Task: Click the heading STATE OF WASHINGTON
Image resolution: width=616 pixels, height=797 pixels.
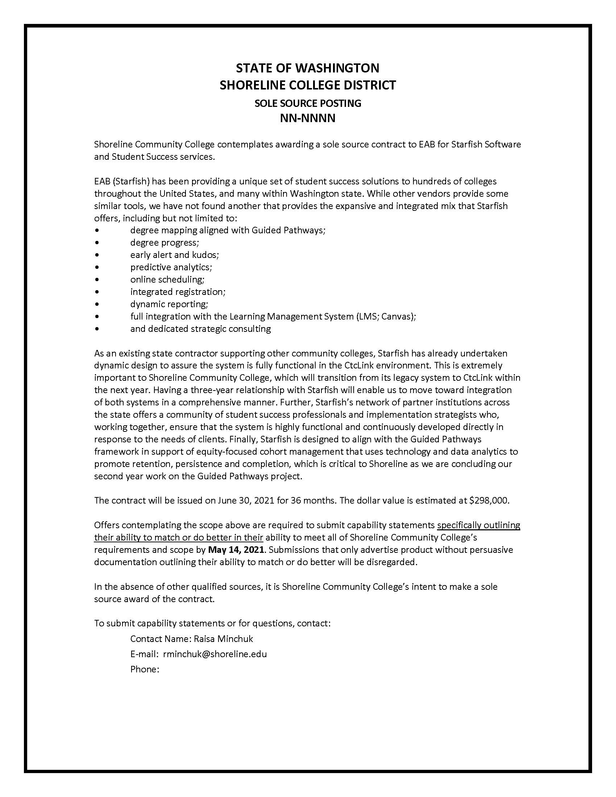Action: pos(308,68)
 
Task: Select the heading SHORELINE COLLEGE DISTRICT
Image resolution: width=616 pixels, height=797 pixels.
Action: pos(308,85)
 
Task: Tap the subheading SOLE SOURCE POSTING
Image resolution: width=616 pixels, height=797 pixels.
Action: pos(308,103)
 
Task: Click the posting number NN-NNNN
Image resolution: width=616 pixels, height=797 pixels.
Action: pos(308,118)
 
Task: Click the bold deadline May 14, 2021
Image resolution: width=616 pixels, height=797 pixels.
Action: pos(236,550)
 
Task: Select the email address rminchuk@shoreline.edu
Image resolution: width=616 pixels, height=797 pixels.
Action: pos(215,654)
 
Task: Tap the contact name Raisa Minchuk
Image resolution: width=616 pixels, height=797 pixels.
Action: pos(223,639)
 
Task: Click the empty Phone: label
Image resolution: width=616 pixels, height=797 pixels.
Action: pos(145,669)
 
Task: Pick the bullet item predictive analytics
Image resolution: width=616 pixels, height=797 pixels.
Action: pos(171,267)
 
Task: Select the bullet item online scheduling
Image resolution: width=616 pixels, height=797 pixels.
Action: pos(167,280)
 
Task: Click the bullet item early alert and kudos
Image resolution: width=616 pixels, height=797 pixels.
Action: pos(174,255)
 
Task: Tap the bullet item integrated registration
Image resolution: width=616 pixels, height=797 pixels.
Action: pos(178,292)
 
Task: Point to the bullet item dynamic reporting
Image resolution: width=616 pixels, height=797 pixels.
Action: pos(169,304)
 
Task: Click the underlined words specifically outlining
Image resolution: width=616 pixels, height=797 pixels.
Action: pos(478,525)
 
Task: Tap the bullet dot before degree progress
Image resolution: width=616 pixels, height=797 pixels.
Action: pos(96,243)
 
